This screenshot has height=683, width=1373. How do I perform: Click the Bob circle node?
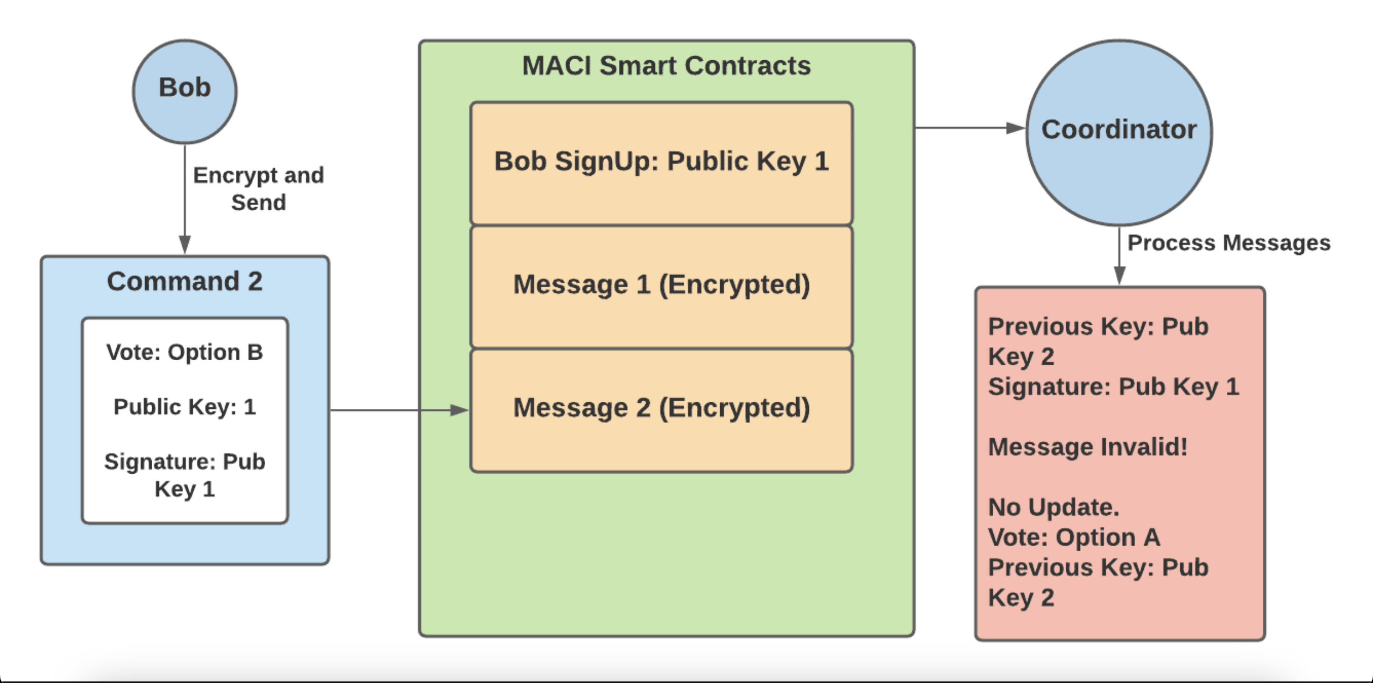pyautogui.click(x=184, y=91)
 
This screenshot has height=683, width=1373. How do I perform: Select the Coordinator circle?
pyautogui.click(x=1119, y=132)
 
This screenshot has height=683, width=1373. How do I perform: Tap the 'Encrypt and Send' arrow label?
pyautogui.click(x=259, y=189)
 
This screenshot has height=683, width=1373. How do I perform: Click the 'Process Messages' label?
pyautogui.click(x=1229, y=243)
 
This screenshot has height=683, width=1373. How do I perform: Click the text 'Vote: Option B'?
pyautogui.click(x=184, y=352)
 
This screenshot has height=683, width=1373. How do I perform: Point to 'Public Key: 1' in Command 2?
pyautogui.click(x=184, y=407)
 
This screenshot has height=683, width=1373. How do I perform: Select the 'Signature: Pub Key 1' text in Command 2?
pyautogui.click(x=184, y=475)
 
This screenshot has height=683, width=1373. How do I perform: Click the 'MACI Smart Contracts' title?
pyautogui.click(x=666, y=66)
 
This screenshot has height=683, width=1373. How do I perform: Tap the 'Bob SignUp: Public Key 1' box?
pyautogui.click(x=661, y=162)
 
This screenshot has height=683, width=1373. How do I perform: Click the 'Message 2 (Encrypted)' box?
pyautogui.click(x=661, y=408)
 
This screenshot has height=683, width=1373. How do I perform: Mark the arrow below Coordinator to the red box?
pyautogui.click(x=1119, y=256)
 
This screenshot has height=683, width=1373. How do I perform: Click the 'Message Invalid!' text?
pyautogui.click(x=1088, y=447)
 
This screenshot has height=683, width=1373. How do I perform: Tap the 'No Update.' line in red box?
pyautogui.click(x=1054, y=507)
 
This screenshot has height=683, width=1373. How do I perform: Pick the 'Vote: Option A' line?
pyautogui.click(x=1074, y=537)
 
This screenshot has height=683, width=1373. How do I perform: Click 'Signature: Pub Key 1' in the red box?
pyautogui.click(x=1113, y=386)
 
